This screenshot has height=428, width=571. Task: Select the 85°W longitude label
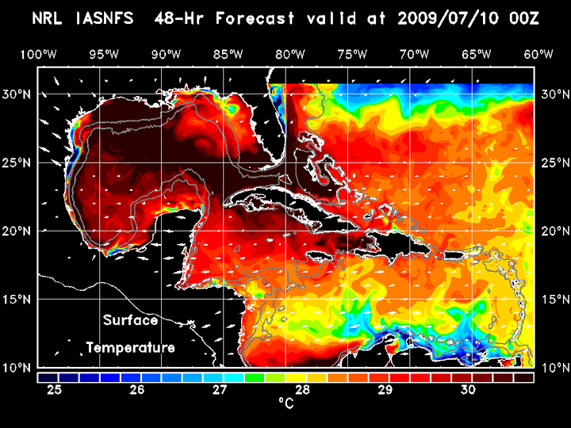point(228,54)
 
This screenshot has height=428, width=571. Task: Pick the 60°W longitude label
point(538,54)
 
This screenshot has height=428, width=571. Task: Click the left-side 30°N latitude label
point(17,94)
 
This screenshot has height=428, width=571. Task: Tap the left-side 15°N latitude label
point(17,300)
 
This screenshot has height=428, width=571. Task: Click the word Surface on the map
point(131,321)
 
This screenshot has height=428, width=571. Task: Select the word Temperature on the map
point(130,348)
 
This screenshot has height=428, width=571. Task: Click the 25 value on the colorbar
point(55,390)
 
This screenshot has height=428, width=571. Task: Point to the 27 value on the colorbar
point(220,390)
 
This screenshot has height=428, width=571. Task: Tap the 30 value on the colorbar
point(468,390)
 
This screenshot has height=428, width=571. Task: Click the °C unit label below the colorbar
point(285,403)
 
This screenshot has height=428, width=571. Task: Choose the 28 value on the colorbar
point(302,390)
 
